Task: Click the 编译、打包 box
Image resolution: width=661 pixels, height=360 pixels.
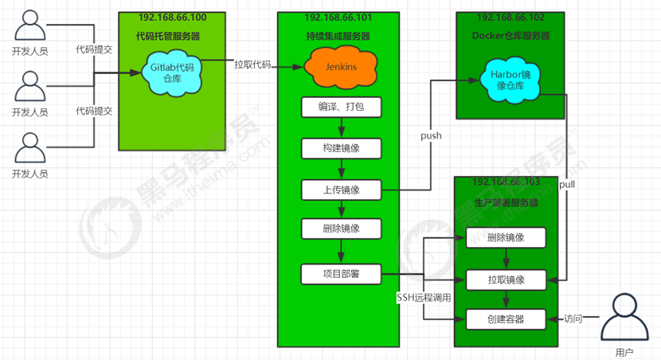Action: [342, 108]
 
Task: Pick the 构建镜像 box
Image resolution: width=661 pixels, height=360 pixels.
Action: [342, 148]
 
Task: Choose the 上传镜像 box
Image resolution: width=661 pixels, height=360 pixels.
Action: [342, 190]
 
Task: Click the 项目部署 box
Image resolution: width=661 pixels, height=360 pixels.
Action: [342, 274]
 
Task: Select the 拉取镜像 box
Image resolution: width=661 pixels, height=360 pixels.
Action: [506, 280]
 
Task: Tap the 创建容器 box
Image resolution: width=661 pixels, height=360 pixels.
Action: [506, 319]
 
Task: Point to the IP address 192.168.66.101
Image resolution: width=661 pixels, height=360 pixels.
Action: [337, 18]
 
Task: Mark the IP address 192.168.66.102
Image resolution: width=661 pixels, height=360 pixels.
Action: [510, 18]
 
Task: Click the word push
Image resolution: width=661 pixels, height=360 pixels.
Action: [431, 135]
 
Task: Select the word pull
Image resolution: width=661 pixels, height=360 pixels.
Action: [567, 184]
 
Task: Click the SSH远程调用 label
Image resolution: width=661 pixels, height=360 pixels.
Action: [424, 298]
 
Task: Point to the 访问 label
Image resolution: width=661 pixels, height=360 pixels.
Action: [573, 319]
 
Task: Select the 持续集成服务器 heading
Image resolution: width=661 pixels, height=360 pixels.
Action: [338, 36]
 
